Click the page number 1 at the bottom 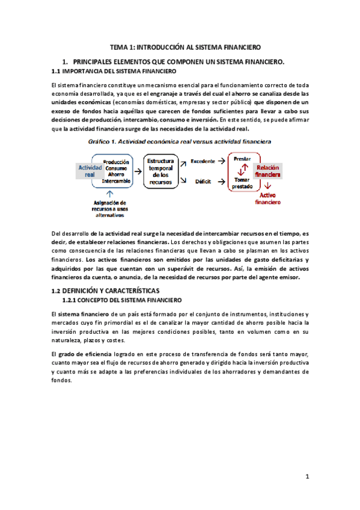pyautogui.click(x=307, y=477)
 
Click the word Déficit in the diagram pyautogui.click(x=203, y=181)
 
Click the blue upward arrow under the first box pyautogui.click(x=109, y=193)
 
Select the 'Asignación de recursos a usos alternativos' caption pyautogui.click(x=109, y=208)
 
